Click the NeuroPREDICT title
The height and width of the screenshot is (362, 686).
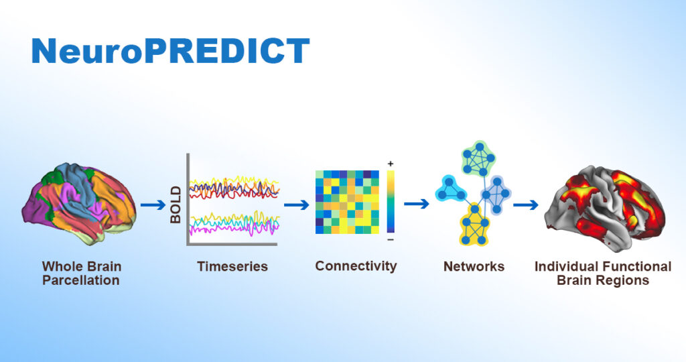click(x=171, y=51)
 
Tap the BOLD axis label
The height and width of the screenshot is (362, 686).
click(x=176, y=204)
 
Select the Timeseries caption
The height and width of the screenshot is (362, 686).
click(x=232, y=266)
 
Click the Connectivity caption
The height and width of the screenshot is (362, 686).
click(x=356, y=266)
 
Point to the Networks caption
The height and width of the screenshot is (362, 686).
click(x=474, y=266)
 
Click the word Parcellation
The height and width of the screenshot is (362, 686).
click(x=81, y=280)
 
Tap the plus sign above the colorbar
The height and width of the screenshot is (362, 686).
click(x=391, y=164)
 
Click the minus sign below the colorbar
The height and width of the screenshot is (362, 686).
click(x=391, y=239)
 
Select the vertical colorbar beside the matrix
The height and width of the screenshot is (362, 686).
click(x=391, y=202)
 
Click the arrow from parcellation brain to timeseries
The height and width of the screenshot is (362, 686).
click(x=153, y=205)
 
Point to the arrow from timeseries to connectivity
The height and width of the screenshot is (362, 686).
click(x=296, y=204)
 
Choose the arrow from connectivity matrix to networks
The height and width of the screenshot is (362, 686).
click(x=417, y=204)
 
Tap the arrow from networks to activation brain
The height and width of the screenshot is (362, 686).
click(x=525, y=204)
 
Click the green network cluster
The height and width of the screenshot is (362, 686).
click(x=478, y=158)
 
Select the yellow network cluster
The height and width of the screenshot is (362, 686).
click(x=474, y=225)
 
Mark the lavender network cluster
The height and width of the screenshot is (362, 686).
click(x=496, y=194)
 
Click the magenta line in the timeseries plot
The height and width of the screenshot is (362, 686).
click(x=234, y=229)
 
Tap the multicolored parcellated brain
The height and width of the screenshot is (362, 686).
click(x=79, y=203)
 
